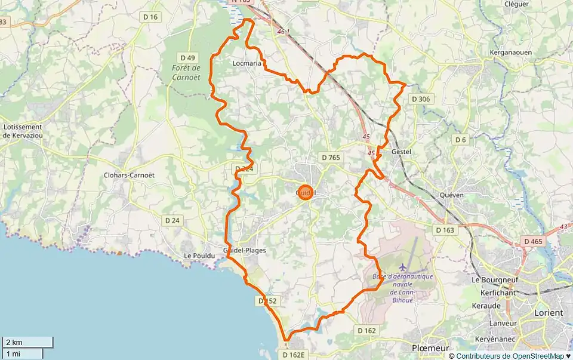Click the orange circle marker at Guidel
pyautogui.click(x=305, y=192)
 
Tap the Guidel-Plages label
pyautogui.click(x=244, y=250)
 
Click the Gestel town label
pyautogui.click(x=401, y=152)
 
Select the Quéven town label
pyautogui.click(x=451, y=195)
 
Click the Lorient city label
pyautogui.click(x=550, y=313)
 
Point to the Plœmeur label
pyautogui.click(x=430, y=347)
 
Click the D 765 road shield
pyautogui.click(x=330, y=158)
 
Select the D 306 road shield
pyautogui.click(x=420, y=99)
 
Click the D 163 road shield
pyautogui.click(x=445, y=230)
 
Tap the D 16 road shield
pyautogui.click(x=150, y=17)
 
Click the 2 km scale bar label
pyautogui.click(x=14, y=342)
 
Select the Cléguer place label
pyautogui.click(x=516, y=4)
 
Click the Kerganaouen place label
pyautogui.click(x=510, y=53)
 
